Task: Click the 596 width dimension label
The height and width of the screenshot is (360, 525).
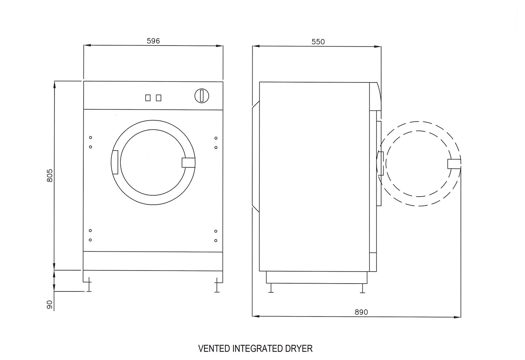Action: point(153,41)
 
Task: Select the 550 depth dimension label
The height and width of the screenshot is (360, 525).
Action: point(318,42)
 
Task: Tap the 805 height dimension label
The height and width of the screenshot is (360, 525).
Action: point(50,175)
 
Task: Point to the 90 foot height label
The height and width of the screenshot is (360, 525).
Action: point(50,305)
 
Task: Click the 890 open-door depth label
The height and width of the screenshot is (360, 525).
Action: point(361,312)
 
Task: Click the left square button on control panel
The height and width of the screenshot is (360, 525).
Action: point(148,98)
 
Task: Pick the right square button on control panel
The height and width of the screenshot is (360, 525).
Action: point(158,98)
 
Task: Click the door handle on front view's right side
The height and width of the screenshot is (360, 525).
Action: point(188,162)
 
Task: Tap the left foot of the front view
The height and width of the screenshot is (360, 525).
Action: point(89,286)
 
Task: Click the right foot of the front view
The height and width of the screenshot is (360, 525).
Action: point(217,286)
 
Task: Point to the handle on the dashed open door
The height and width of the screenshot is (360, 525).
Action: point(454,164)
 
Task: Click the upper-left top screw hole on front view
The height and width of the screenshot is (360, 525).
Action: point(90,138)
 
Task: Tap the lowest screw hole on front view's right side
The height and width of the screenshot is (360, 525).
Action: point(216,240)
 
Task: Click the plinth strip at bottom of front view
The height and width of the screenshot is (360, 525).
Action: point(153,261)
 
